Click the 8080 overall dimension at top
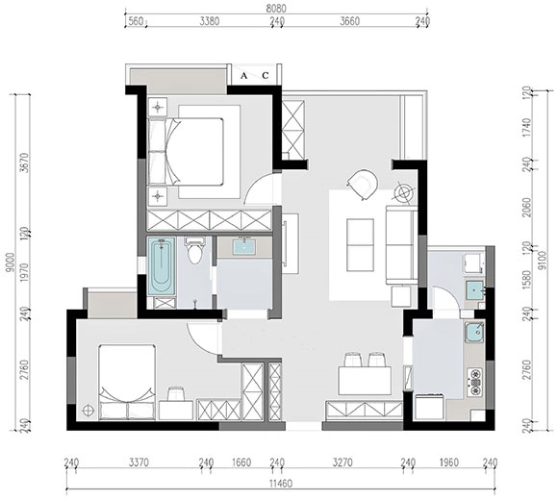(276, 9)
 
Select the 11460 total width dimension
(281, 484)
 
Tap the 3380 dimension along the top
(210, 21)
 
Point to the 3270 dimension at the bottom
(342, 462)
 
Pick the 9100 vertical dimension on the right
(543, 261)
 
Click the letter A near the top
(243, 76)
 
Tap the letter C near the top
(266, 76)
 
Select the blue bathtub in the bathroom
(162, 266)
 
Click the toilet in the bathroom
(194, 250)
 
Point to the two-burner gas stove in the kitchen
(475, 383)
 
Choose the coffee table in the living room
(360, 245)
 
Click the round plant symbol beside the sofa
(405, 192)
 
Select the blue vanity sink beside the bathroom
(244, 247)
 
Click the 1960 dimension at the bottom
(449, 462)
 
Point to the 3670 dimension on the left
(23, 162)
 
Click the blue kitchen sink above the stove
(474, 332)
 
